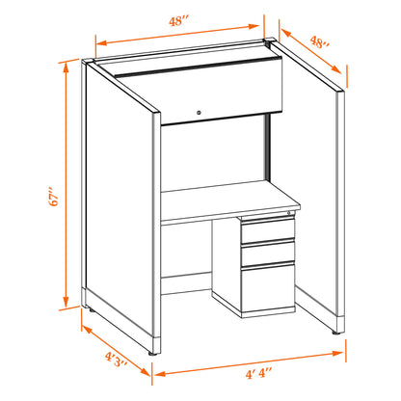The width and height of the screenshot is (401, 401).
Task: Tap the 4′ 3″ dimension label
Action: [116, 360]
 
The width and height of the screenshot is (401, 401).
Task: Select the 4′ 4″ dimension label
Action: [258, 374]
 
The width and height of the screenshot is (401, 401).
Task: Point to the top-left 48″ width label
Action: [178, 21]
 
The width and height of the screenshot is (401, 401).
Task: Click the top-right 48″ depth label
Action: [319, 42]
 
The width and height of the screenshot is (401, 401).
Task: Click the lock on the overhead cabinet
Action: [200, 113]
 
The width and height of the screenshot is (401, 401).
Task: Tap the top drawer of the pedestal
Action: [268, 230]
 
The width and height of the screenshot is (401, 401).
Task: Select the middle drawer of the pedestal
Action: [268, 254]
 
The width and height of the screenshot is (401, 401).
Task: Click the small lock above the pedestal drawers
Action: [289, 213]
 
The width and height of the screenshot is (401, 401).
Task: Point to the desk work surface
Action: [230, 200]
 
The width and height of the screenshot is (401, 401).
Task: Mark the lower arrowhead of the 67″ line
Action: [67, 301]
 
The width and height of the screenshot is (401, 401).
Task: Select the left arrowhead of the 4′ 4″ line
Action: [160, 374]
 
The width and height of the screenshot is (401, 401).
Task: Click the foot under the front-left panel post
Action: [153, 354]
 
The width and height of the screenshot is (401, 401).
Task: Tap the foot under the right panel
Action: [336, 334]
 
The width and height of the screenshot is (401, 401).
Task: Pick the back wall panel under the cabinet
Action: [213, 153]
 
